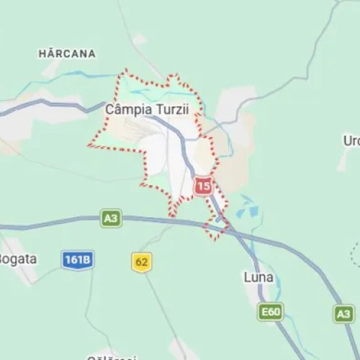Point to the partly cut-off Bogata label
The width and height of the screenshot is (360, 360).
tap(17, 259)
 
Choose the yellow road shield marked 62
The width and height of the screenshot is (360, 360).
tap(142, 263)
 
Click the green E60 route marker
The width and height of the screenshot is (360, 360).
tap(271, 312)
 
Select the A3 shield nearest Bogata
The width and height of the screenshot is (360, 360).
tap(111, 219)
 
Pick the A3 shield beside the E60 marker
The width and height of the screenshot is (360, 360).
tap(344, 313)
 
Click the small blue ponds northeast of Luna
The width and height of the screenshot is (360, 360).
tap(248, 211)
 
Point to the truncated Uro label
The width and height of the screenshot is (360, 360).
tap(351, 140)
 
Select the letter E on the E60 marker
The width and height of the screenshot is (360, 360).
tap(264, 312)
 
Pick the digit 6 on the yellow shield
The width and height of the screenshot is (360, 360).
tap(139, 263)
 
